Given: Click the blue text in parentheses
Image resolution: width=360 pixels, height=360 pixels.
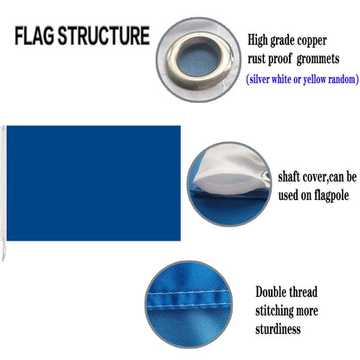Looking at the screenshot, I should pyautogui.click(x=299, y=80).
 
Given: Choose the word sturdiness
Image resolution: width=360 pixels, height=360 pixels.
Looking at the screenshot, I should pyautogui.click(x=278, y=331).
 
